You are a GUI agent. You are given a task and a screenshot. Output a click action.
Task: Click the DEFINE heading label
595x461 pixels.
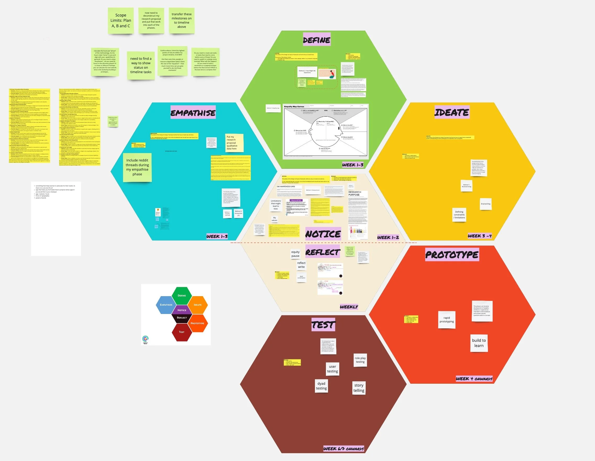coord(316,40)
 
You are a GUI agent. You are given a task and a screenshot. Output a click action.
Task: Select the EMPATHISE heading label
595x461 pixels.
coord(193,113)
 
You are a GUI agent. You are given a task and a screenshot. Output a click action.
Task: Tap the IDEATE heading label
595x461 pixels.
coord(452,112)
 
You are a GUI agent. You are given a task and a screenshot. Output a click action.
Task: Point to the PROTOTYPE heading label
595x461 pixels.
coord(452,254)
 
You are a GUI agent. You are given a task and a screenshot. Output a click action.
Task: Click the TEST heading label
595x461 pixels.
coord(323,325)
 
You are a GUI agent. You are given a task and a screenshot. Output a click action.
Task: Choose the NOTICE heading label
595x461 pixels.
coord(323,234)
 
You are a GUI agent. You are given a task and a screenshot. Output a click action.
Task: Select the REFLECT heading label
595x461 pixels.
coord(323,252)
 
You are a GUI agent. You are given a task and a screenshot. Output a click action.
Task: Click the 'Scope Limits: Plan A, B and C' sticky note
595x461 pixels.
coord(121,21)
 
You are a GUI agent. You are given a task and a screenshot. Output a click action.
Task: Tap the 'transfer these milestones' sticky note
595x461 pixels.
coord(181,20)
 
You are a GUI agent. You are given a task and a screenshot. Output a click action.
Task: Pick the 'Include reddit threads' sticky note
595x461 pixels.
coord(137,167)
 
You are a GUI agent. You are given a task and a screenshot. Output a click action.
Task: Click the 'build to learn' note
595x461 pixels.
coord(479,343)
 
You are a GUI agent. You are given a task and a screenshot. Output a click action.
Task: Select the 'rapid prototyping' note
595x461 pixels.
coord(447,320)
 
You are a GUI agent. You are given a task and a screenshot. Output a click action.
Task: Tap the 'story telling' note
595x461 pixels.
coord(359,388)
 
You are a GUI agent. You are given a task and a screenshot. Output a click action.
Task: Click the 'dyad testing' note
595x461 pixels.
coord(321,386)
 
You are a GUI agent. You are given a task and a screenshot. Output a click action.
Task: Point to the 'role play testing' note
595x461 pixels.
coord(360,360)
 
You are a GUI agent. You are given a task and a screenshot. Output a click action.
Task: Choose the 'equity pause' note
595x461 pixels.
coord(295,254)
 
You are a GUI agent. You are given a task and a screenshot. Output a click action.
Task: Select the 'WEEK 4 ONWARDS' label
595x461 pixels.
coord(474,379)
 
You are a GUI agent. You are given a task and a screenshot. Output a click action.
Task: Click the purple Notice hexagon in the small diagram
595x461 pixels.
coord(182,310)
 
